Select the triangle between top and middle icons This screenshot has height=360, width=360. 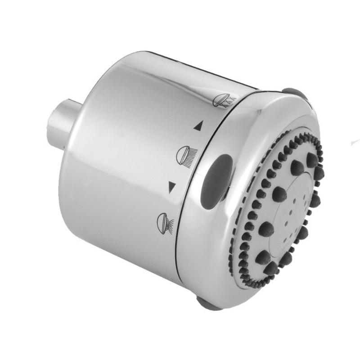[x=197, y=128]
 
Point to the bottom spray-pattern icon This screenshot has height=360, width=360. [x=162, y=220]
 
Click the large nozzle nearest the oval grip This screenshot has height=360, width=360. [x=279, y=193]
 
